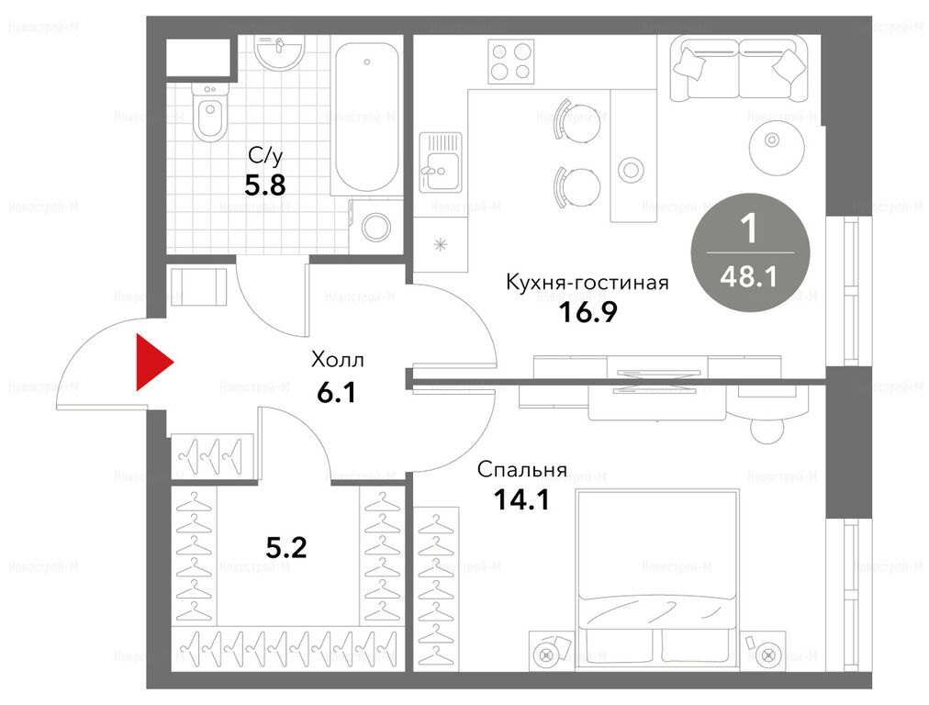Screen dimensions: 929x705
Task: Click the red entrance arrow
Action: coord(153,363)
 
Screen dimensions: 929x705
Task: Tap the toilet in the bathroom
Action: coord(209,113)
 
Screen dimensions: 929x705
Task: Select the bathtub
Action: coord(366,117)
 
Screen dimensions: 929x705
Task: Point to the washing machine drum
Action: coord(376,227)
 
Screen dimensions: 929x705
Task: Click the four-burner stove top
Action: coord(510,62)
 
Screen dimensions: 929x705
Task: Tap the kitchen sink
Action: coord(441,162)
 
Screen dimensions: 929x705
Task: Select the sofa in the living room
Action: coord(739,67)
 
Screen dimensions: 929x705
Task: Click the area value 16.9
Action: coord(588,312)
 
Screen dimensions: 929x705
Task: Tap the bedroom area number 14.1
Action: coord(521,500)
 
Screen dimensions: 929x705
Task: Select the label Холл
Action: coord(337,360)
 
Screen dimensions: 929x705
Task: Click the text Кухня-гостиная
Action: coord(588,282)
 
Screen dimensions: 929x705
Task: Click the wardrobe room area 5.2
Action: coord(286,548)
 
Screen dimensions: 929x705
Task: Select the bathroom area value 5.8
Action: coord(265,186)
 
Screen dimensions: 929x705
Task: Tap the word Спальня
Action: coord(522,470)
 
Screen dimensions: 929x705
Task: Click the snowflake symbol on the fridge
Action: coord(441,244)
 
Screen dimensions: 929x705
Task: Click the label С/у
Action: coord(265,156)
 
